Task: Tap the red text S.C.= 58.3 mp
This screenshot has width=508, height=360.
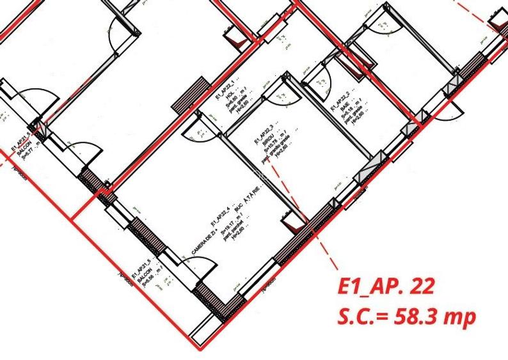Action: pyautogui.click(x=406, y=317)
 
